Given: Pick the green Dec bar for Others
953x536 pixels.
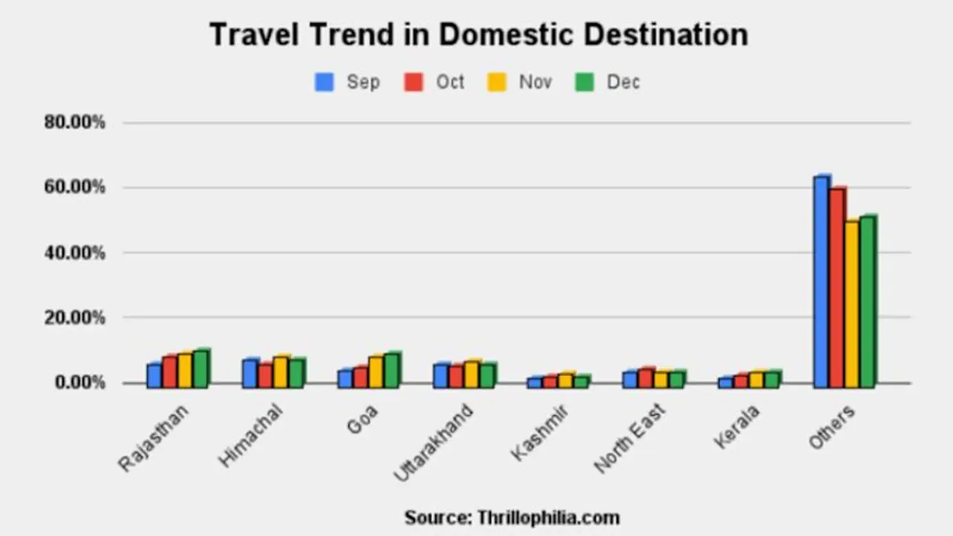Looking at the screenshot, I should point(868,301).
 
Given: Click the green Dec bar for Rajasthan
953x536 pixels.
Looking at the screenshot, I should point(201,368).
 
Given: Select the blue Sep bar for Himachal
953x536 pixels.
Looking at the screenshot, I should point(250,373).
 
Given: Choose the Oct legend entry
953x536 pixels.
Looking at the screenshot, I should point(436,82).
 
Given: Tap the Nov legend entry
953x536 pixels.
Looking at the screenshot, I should point(521,82).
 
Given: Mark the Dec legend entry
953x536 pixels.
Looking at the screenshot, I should point(608,82).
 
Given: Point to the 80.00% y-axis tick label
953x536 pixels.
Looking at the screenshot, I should point(74,123).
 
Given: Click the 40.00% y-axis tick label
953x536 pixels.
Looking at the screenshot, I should point(74,253).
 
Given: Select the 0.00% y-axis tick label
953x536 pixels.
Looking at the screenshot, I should point(78,383).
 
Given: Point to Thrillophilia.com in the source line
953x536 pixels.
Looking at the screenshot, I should point(548,517).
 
